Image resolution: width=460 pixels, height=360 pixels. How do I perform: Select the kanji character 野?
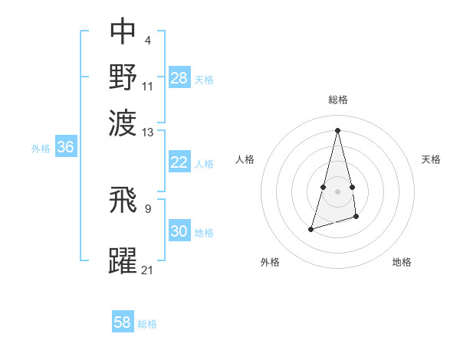pos(123,77)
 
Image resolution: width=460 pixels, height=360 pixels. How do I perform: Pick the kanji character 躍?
pos(123,260)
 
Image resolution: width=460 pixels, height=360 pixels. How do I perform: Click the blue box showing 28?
pos(179,77)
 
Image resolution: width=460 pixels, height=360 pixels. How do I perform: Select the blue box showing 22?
pos(179,162)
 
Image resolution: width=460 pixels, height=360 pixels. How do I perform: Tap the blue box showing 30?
pos(179,231)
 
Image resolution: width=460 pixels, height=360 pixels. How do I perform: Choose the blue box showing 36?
pos(65,148)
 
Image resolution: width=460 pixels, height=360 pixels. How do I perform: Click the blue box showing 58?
pos(123,322)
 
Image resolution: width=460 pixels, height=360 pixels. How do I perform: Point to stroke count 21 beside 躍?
pos(148,270)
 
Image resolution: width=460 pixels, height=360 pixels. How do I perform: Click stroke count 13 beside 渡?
pos(148,132)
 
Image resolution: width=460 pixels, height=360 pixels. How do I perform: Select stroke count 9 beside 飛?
pos(148,206)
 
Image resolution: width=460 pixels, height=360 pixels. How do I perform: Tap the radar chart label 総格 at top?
pos(337,100)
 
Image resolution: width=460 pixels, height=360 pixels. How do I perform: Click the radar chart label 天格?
pos(431,159)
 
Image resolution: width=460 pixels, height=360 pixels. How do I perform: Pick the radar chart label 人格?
pos(245,159)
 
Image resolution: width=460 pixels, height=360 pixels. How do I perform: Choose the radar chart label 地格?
pos(402,262)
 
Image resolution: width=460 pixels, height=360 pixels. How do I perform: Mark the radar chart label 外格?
pos(270,262)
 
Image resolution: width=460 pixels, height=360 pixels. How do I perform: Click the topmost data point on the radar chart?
pos(337,129)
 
